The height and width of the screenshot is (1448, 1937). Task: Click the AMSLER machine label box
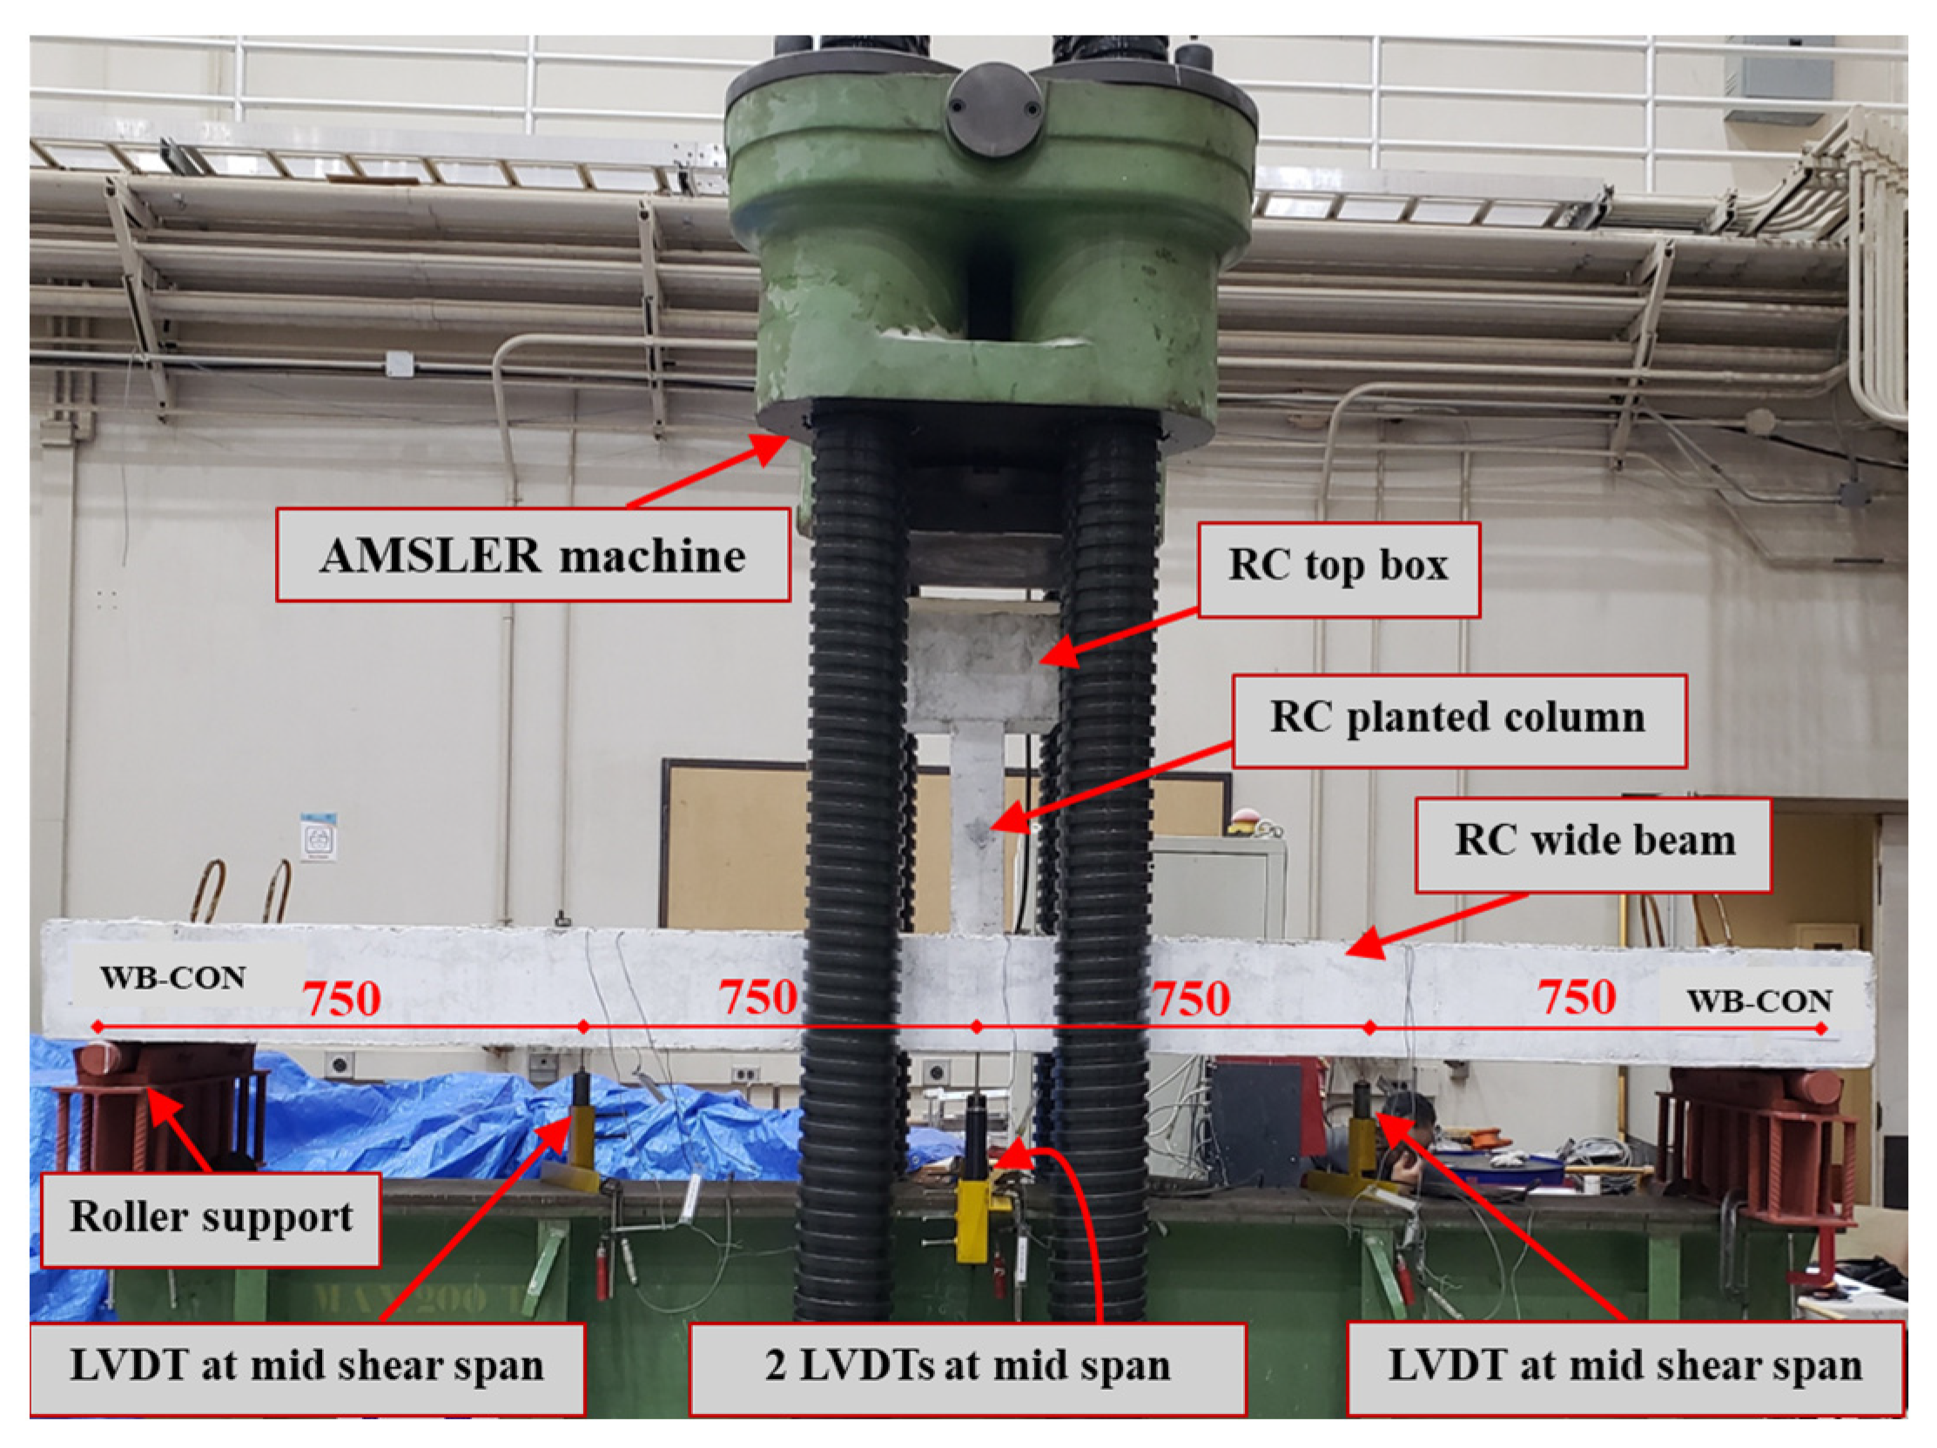coord(533,555)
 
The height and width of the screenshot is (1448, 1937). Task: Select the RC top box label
coord(1338,570)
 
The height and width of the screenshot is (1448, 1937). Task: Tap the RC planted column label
coord(1459,721)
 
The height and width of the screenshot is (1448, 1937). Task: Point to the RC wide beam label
coord(1593,844)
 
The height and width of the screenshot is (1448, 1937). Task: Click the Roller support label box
coord(210,1219)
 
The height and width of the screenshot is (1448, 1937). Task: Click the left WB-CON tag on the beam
coord(172,978)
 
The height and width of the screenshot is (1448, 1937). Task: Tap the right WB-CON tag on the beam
coord(1759,1001)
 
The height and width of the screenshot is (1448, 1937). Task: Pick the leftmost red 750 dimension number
coord(341,999)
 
